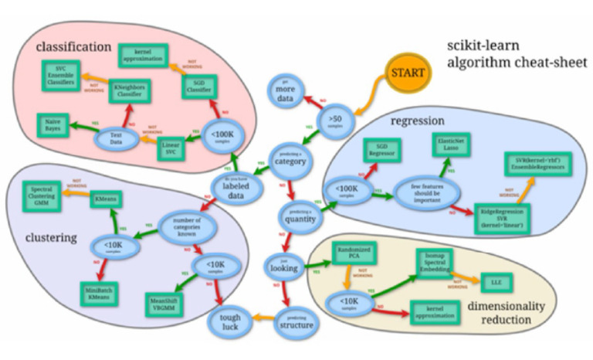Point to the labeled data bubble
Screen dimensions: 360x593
234,188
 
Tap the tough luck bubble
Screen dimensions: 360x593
229,322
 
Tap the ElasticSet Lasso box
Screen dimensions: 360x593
447,146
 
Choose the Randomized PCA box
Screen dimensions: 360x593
354,252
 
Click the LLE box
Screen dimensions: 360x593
490,281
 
